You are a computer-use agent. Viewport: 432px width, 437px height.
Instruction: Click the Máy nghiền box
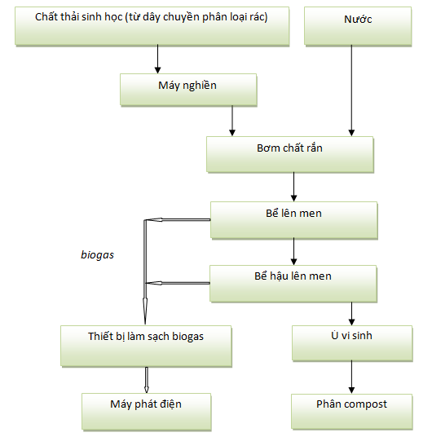click(188, 90)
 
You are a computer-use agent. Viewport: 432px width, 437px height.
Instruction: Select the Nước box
click(358, 26)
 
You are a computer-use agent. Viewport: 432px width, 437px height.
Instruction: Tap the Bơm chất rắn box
click(290, 155)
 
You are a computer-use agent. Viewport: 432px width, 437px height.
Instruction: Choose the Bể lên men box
click(294, 220)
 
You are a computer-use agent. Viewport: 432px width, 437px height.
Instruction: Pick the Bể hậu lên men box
click(293, 284)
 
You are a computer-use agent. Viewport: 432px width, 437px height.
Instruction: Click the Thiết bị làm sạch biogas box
click(146, 346)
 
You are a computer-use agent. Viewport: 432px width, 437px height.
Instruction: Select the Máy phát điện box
click(147, 412)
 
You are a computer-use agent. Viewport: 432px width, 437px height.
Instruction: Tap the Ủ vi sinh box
click(352, 343)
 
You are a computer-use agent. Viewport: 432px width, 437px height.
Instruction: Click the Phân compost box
click(352, 412)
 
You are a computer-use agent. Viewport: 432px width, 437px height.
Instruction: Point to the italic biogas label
click(97, 254)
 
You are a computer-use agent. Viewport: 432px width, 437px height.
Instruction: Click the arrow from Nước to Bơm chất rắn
click(351, 90)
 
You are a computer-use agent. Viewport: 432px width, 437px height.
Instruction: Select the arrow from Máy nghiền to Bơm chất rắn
click(232, 121)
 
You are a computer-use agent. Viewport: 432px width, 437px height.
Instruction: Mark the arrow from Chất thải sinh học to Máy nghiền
click(158, 59)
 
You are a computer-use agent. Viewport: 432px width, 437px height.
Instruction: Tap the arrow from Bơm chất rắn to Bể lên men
click(293, 187)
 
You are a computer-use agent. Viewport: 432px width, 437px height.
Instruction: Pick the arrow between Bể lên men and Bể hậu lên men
click(293, 252)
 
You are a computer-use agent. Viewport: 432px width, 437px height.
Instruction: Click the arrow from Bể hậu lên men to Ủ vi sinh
click(352, 314)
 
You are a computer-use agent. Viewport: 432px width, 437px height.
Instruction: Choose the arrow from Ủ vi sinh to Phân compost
click(352, 377)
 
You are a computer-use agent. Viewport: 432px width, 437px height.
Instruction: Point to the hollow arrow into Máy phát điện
click(147, 380)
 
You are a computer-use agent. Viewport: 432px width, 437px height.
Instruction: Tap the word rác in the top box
click(258, 17)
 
